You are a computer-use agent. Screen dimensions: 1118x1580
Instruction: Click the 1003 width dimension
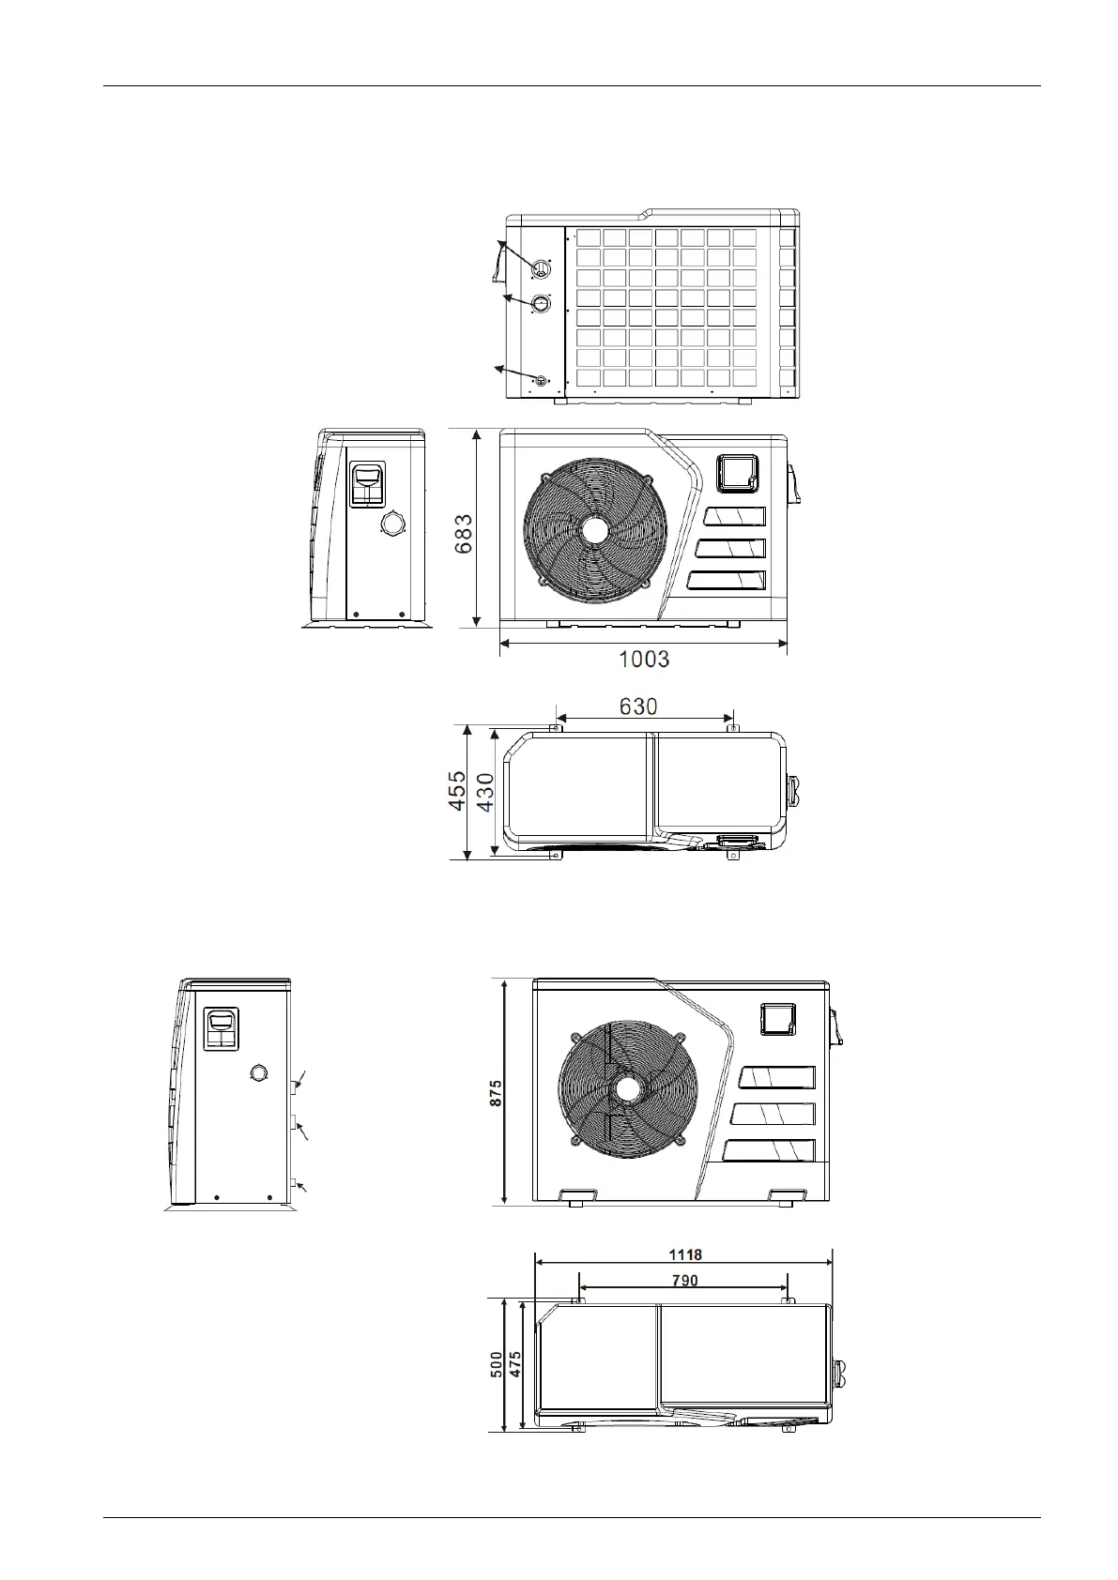(644, 659)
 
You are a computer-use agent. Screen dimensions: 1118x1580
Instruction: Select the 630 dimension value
(638, 706)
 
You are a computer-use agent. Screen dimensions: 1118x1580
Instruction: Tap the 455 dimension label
(455, 791)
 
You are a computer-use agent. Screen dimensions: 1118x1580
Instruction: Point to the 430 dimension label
(485, 793)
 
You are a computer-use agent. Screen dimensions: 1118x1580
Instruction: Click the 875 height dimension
(496, 1092)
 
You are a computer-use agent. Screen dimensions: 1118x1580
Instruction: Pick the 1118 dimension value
(685, 1254)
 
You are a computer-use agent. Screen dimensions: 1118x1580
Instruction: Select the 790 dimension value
(685, 1280)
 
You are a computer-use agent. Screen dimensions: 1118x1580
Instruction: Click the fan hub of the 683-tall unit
(595, 530)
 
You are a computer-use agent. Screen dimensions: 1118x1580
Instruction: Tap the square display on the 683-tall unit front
(738, 473)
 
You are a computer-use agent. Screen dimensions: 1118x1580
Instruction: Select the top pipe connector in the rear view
(540, 269)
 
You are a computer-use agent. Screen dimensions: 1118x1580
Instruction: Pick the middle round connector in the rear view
(541, 304)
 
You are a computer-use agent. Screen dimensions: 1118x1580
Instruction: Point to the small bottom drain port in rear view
(540, 380)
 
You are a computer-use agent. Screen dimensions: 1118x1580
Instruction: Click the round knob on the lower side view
(259, 1073)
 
